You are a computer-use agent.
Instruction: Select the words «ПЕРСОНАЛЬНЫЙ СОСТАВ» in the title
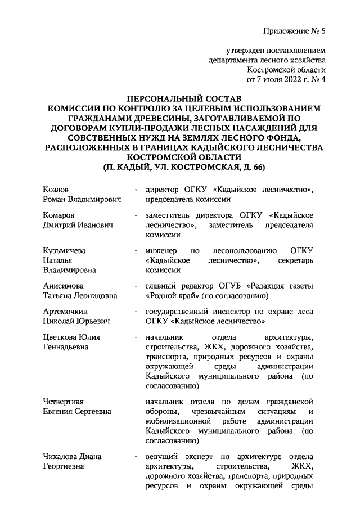180,97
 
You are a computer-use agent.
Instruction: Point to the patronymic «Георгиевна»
65,466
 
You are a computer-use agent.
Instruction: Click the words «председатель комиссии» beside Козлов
187,200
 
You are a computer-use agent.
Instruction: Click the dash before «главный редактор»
136,285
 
